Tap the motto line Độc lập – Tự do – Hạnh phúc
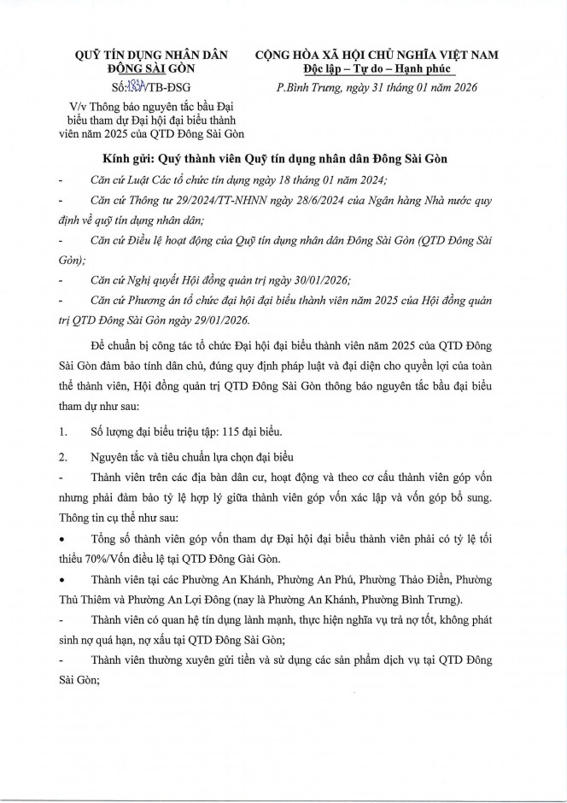click(376, 67)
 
